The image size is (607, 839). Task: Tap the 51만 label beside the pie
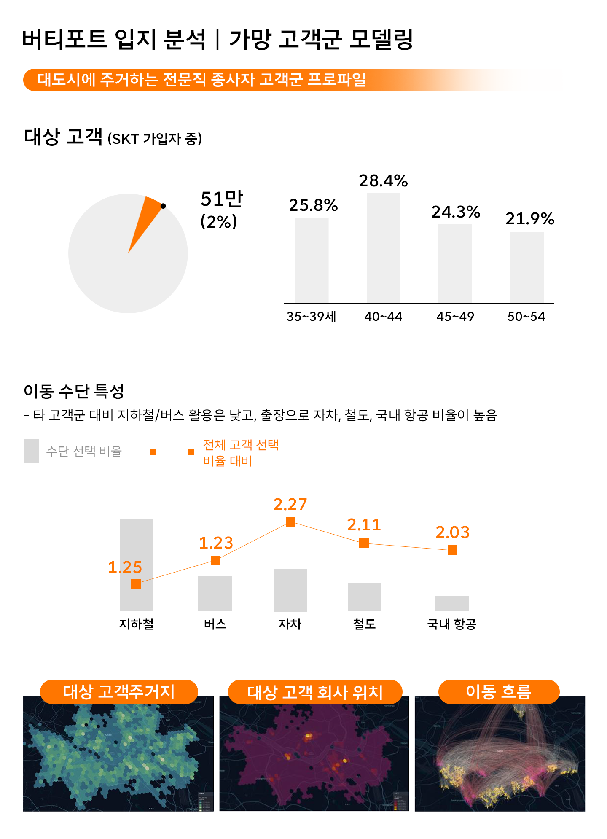click(x=222, y=199)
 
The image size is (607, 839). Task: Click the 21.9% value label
click(x=529, y=219)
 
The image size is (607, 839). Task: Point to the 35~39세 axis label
click(x=311, y=317)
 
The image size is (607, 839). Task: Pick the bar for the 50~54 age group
click(x=526, y=267)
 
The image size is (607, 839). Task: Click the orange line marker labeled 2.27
click(x=290, y=522)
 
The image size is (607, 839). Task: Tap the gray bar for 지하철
click(x=136, y=548)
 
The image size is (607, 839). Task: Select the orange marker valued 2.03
click(x=452, y=550)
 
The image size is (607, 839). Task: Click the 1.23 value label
click(x=216, y=543)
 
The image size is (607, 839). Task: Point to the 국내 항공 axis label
click(x=451, y=624)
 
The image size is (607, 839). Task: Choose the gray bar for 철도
click(x=364, y=597)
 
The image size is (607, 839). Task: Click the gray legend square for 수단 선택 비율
click(x=31, y=451)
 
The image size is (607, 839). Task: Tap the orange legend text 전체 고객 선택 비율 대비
click(x=240, y=453)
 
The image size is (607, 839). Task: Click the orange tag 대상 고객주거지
click(x=119, y=692)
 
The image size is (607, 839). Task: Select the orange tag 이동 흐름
click(x=499, y=692)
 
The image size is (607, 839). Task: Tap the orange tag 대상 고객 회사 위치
click(x=315, y=692)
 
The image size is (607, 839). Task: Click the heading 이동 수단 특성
click(x=74, y=391)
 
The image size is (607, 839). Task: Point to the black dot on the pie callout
click(x=163, y=206)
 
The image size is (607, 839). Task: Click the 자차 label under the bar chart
click(x=290, y=624)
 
